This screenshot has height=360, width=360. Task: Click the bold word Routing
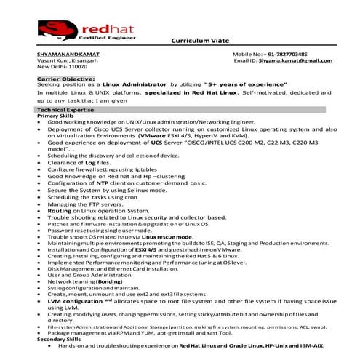(60, 209)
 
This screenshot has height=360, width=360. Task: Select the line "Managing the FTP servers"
(82, 203)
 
